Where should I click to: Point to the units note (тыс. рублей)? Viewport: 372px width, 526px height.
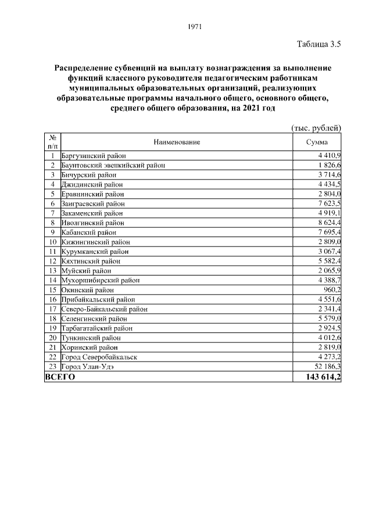point(316,128)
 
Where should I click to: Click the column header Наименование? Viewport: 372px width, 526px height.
point(177,142)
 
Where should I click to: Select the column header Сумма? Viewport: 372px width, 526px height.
point(316,142)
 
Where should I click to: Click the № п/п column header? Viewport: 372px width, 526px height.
point(52,142)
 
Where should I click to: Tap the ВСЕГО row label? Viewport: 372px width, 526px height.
point(60,377)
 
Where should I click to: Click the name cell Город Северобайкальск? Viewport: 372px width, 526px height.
point(99,357)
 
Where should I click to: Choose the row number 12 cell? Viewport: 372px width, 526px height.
point(52,261)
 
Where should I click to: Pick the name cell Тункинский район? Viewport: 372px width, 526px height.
point(91,338)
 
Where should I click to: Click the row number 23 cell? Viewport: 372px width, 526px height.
point(52,366)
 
